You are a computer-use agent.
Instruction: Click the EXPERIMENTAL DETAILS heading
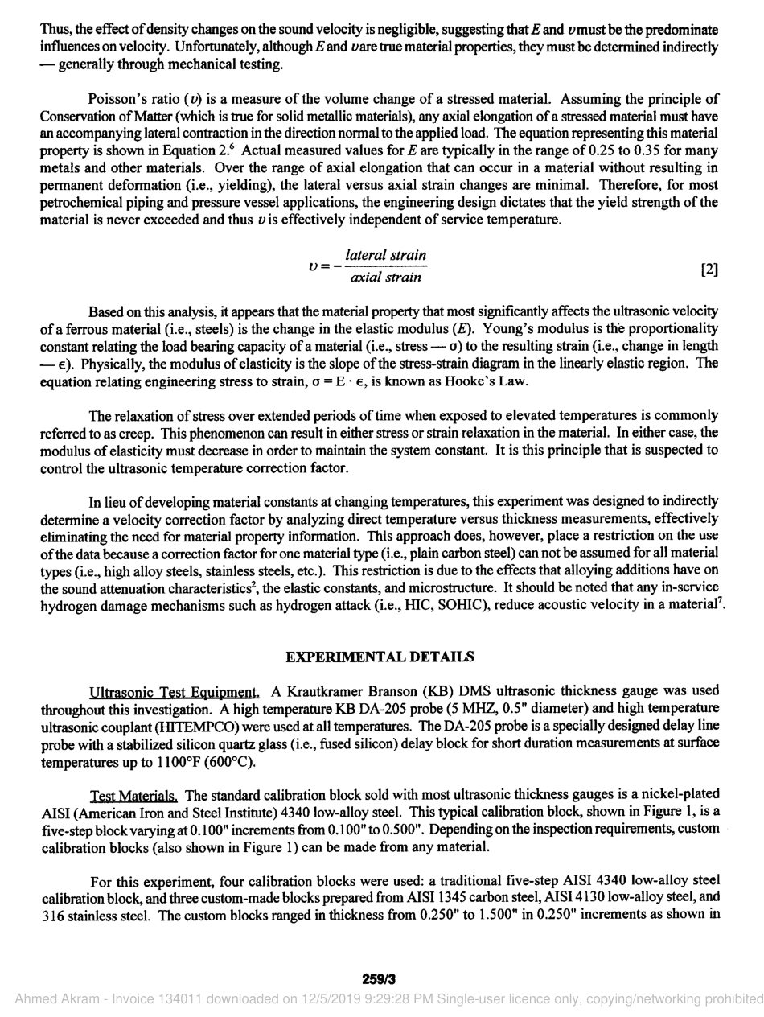point(380,657)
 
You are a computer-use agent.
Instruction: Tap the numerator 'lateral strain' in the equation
point(386,254)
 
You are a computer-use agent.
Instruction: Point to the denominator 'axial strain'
point(386,278)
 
